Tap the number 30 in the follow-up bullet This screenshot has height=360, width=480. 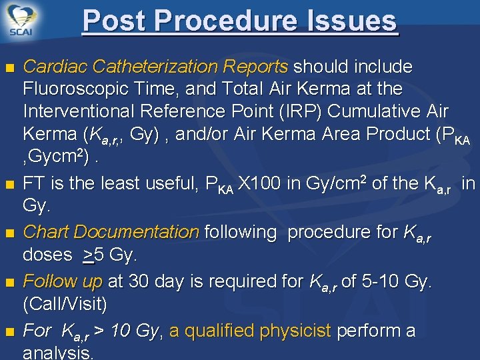click(x=138, y=282)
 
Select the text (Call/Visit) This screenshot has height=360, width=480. click(x=65, y=304)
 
